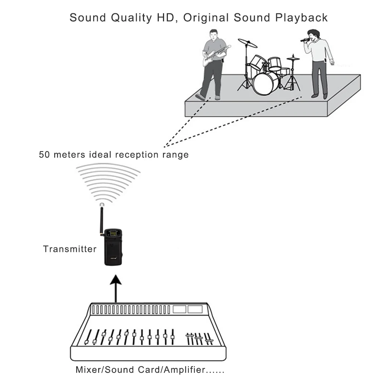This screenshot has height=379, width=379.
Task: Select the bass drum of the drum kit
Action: pos(265,83)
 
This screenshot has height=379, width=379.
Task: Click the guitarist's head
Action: pos(213,35)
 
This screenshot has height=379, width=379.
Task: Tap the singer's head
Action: pos(313,34)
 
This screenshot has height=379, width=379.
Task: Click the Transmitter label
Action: pos(70,249)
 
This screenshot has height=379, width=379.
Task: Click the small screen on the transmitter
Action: pos(113,232)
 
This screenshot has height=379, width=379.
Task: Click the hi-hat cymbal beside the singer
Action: pos(293,58)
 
